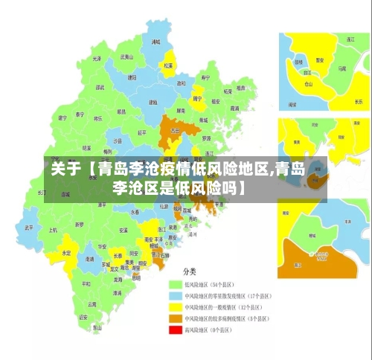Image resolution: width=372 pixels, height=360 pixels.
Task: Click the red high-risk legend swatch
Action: click(x=176, y=330)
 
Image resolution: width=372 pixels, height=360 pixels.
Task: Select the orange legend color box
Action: click(x=176, y=318)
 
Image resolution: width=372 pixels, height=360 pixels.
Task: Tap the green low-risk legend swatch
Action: click(x=176, y=284)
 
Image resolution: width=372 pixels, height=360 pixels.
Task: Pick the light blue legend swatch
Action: click(x=176, y=295)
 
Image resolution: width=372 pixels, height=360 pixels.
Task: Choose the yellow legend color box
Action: click(x=176, y=306)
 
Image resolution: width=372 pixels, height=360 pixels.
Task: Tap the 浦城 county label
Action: click(x=155, y=42)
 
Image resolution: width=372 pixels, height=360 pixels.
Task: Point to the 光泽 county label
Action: click(x=96, y=58)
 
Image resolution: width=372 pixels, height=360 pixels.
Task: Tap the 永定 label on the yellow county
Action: click(x=66, y=253)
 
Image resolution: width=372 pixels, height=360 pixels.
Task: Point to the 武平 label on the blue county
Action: click(x=29, y=227)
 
